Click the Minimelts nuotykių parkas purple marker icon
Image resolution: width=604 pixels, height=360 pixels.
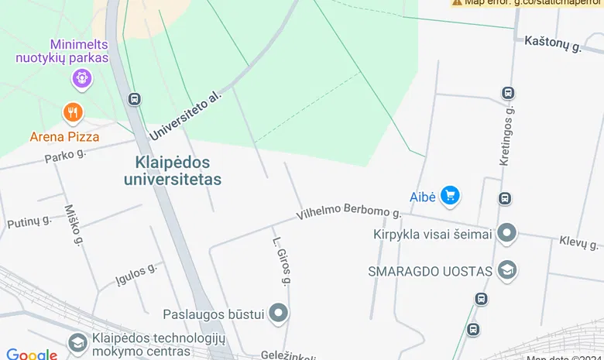pyautogui.click(x=81, y=77)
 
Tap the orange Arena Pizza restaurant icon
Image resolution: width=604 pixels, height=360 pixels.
pyautogui.click(x=73, y=113)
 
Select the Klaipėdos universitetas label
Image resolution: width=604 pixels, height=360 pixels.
pyautogui.click(x=173, y=171)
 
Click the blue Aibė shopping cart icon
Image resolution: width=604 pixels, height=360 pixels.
pyautogui.click(x=450, y=196)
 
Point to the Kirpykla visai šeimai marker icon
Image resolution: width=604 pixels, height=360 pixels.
pyautogui.click(x=507, y=232)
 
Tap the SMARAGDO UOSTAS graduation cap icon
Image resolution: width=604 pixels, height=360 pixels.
pyautogui.click(x=507, y=270)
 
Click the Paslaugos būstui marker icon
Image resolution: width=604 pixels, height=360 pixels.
pyautogui.click(x=279, y=314)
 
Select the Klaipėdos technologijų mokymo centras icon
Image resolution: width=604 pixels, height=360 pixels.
pyautogui.click(x=77, y=342)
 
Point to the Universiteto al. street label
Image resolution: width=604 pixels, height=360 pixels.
pyautogui.click(x=185, y=115)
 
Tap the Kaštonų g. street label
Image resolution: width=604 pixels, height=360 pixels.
pyautogui.click(x=553, y=43)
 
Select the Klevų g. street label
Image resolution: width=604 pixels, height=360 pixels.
pyautogui.click(x=579, y=242)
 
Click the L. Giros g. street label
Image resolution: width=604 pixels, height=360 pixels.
pyautogui.click(x=280, y=262)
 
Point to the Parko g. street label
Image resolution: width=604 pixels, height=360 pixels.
pyautogui.click(x=65, y=155)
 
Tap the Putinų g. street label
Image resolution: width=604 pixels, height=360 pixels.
pyautogui.click(x=29, y=222)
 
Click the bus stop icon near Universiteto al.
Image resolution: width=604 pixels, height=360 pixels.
pyautogui.click(x=135, y=99)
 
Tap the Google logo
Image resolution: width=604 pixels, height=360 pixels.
pyautogui.click(x=32, y=355)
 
